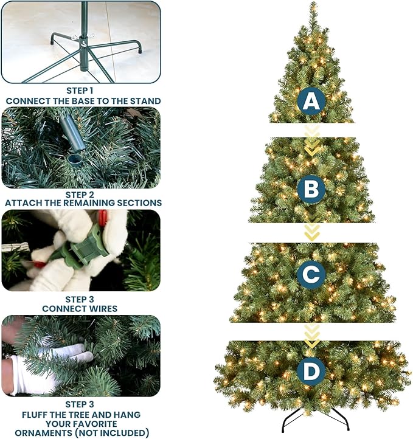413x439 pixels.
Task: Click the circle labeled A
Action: pyautogui.click(x=311, y=102)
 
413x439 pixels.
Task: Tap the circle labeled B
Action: pyautogui.click(x=311, y=189)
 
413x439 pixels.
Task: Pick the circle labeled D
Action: pyautogui.click(x=311, y=371)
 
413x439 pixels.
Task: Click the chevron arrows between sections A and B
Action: pyautogui.click(x=312, y=140)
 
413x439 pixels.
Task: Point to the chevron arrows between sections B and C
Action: pyautogui.click(x=312, y=231)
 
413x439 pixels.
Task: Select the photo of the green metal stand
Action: pyautogui.click(x=81, y=42)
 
